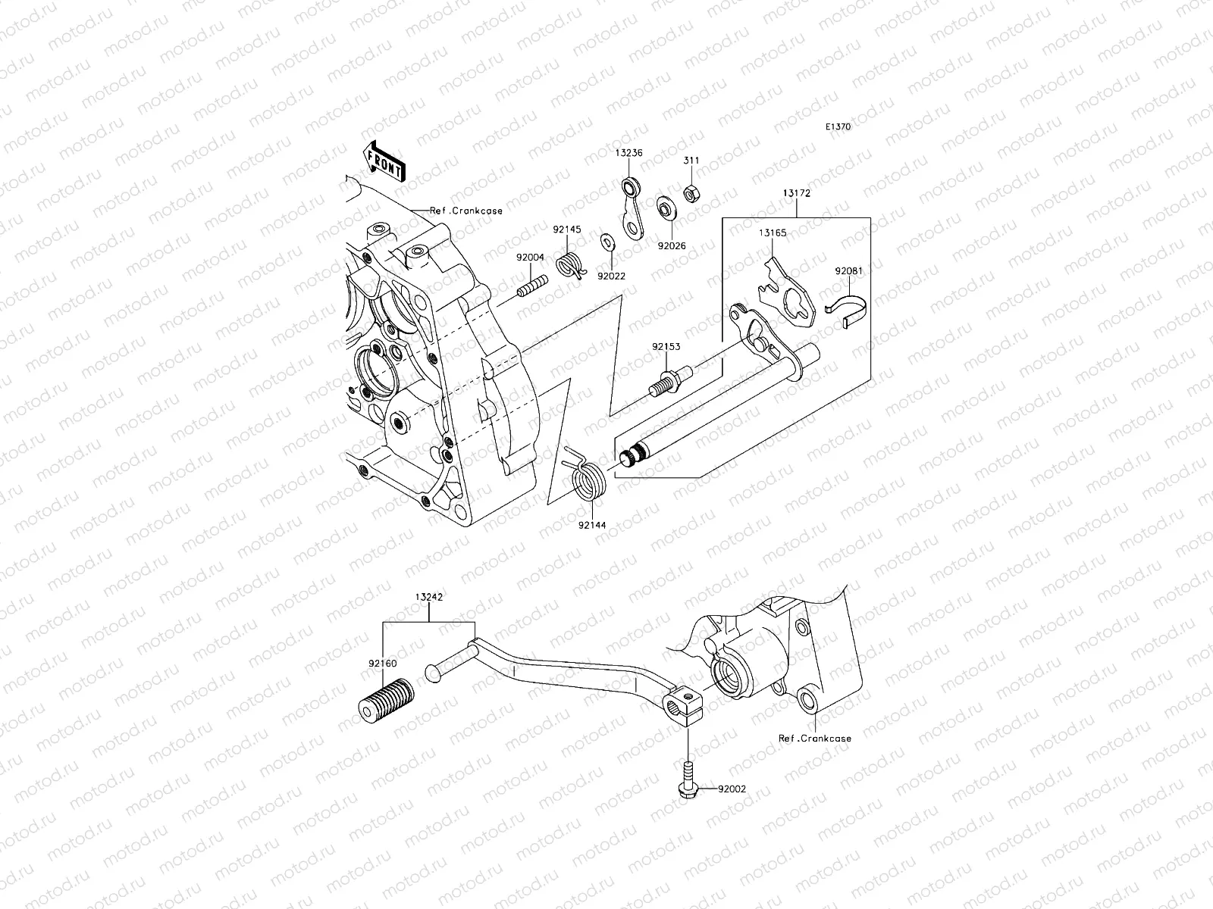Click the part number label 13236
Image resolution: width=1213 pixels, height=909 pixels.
628,152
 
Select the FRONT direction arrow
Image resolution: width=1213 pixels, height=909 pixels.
386,162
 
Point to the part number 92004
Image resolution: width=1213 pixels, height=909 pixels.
531,258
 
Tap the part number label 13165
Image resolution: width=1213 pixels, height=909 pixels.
773,233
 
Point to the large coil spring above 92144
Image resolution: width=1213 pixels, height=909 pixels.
587,480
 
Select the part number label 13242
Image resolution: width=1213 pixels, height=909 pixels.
429,597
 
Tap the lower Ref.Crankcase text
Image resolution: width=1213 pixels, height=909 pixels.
814,738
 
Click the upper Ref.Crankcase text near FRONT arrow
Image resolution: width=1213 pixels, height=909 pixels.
465,211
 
